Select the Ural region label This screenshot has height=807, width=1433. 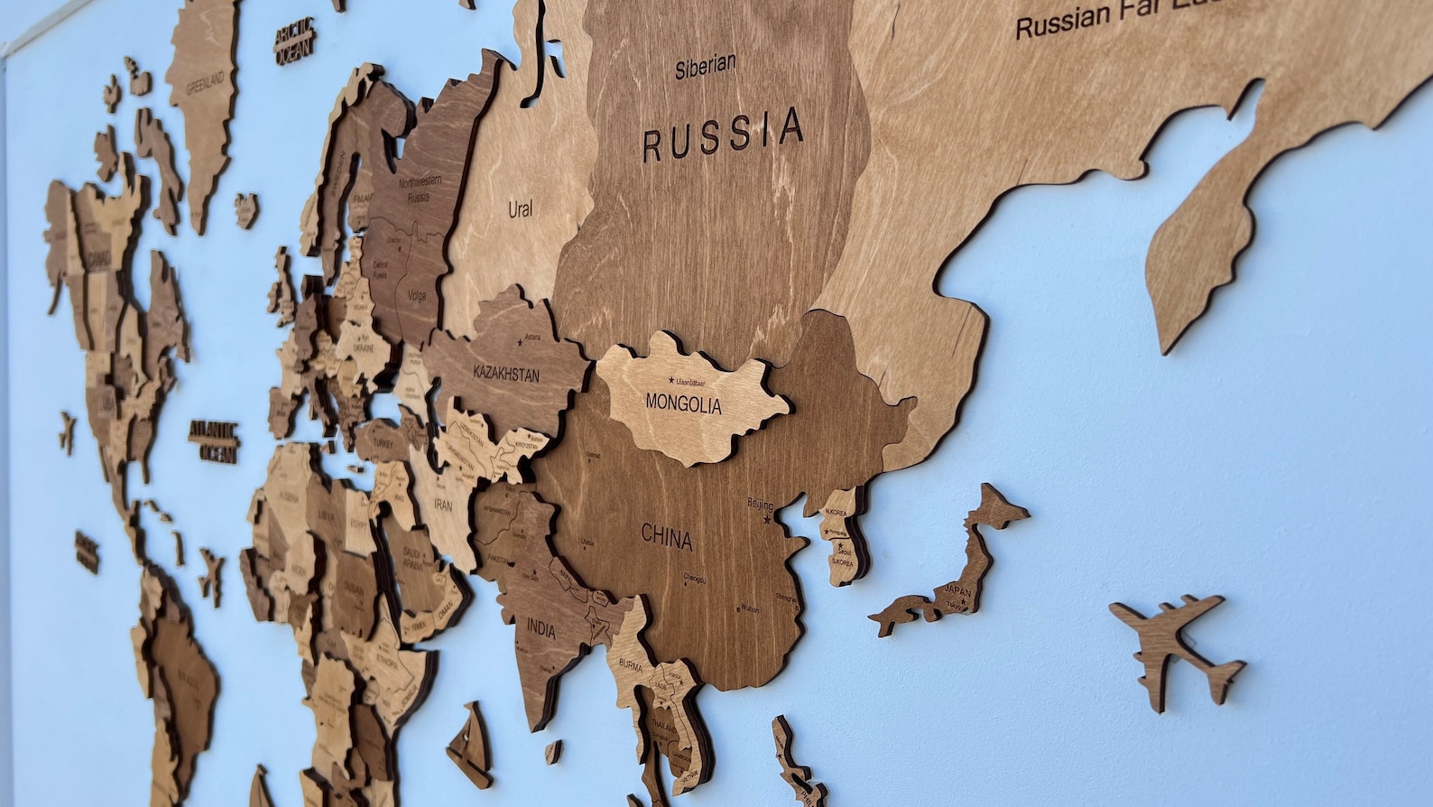tap(520, 209)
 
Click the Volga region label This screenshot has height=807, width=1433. tap(416, 295)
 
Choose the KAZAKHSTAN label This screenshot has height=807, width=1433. tap(506, 373)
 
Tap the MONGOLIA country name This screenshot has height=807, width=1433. tap(683, 403)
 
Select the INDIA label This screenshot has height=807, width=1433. tap(541, 628)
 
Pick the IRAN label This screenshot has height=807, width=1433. tap(442, 506)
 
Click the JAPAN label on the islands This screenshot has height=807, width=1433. tap(957, 591)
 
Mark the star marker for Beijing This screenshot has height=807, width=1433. tap(768, 518)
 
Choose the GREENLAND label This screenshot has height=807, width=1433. tap(205, 84)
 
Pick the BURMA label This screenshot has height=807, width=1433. tap(630, 666)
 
